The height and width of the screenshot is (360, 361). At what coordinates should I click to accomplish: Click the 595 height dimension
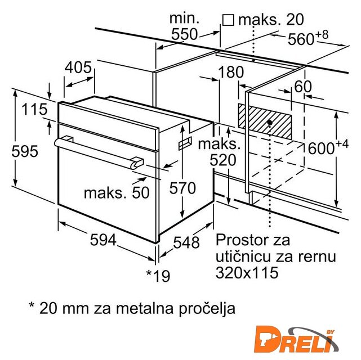click(25, 151)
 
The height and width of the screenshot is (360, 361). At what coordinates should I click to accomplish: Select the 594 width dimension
click(103, 240)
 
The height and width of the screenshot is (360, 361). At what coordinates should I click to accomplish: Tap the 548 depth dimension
click(186, 242)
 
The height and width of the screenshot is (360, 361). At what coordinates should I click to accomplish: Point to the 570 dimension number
click(182, 188)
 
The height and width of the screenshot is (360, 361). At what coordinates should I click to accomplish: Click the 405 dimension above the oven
click(78, 67)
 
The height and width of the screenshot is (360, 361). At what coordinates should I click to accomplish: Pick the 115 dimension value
click(34, 109)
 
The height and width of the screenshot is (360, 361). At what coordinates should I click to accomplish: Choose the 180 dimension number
click(231, 72)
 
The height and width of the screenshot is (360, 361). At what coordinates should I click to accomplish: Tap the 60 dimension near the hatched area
click(303, 87)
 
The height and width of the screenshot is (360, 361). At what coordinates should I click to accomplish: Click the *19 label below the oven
click(158, 276)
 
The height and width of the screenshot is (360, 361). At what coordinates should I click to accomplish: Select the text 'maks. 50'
click(117, 192)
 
